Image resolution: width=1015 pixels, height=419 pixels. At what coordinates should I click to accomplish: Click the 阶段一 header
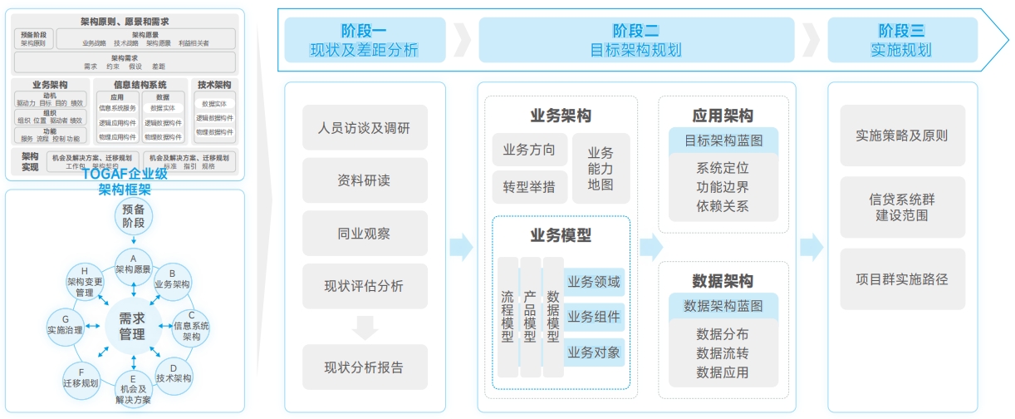(364, 39)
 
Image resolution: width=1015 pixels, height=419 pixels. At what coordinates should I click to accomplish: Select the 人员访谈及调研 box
(364, 128)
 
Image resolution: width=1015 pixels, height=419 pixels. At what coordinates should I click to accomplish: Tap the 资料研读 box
(364, 180)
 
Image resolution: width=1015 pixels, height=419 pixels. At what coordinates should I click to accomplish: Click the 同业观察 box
(364, 234)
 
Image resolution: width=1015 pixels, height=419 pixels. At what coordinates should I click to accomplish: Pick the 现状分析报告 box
(364, 367)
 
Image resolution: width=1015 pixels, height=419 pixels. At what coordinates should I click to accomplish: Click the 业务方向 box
(529, 150)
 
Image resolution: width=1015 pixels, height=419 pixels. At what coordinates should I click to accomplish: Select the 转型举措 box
(529, 187)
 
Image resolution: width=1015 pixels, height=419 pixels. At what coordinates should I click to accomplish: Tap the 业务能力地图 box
(601, 168)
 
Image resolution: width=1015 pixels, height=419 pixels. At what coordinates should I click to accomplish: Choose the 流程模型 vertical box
(507, 317)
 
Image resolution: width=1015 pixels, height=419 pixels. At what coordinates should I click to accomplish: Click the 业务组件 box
(594, 317)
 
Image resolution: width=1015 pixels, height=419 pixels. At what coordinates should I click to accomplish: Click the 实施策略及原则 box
(902, 135)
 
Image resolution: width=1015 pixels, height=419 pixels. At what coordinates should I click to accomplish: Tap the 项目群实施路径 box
(902, 279)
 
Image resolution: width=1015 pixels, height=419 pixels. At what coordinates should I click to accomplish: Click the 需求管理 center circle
(132, 326)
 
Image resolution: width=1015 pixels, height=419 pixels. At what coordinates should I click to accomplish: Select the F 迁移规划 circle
(81, 377)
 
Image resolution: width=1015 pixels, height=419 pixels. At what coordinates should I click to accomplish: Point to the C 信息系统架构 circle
(191, 326)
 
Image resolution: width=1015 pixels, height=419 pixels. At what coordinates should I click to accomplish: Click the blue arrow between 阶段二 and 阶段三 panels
(812, 247)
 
